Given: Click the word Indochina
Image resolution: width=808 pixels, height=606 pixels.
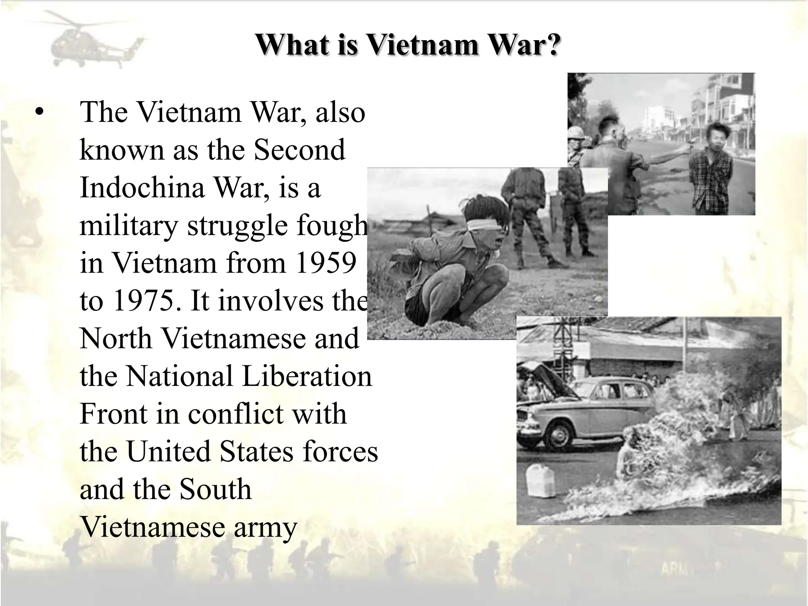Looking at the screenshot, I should [x=142, y=187].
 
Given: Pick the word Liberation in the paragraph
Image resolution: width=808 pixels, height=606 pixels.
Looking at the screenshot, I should [x=307, y=376].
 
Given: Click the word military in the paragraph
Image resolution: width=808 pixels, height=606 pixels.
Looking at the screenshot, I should [x=129, y=226].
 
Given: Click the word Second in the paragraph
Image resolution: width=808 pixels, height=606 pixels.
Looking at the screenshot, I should [x=299, y=150].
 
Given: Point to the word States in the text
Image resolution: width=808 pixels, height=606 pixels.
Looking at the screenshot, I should [x=256, y=452].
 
